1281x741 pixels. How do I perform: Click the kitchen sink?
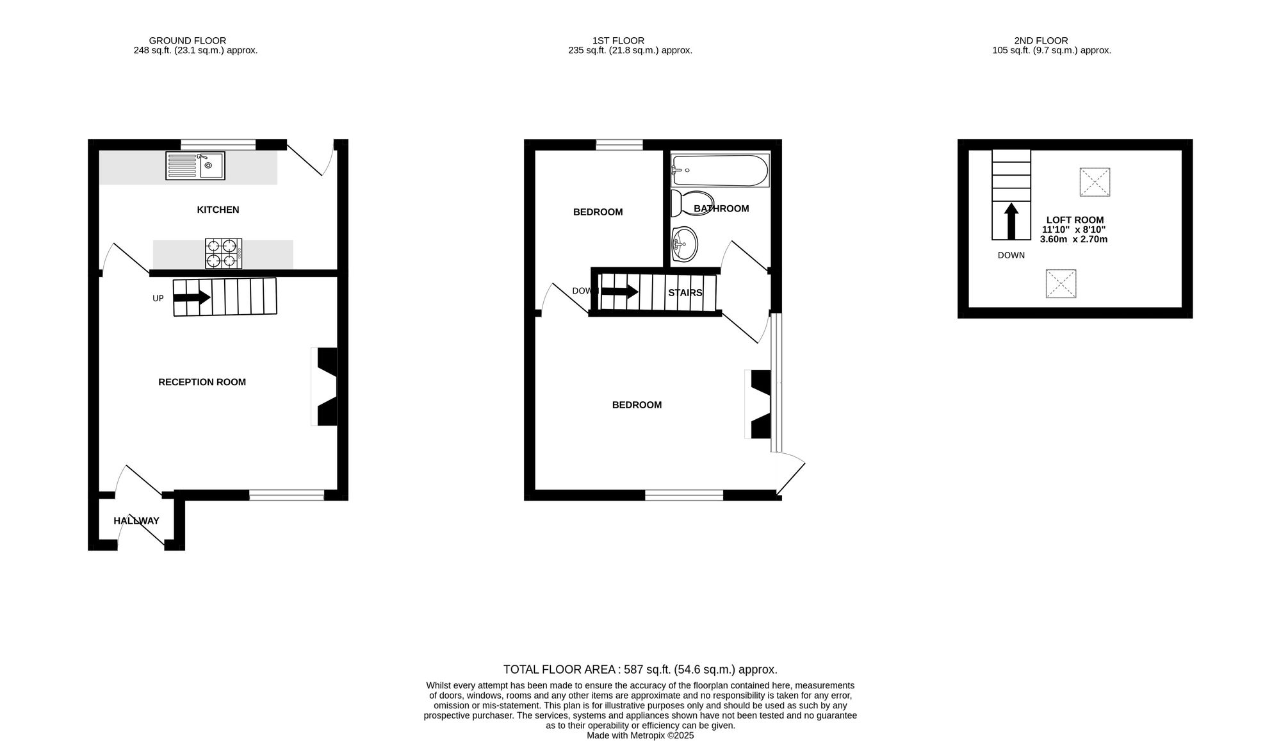click(195, 165)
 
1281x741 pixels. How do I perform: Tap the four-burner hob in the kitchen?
click(224, 253)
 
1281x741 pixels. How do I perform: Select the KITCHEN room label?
click(218, 210)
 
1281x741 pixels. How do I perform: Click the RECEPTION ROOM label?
click(202, 382)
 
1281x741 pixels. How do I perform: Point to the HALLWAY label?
click(136, 521)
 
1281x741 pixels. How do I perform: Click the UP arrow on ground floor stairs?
click(192, 297)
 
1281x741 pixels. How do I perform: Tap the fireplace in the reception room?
click(325, 387)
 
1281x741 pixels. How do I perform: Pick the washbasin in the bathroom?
click(684, 244)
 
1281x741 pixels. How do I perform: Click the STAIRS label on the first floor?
click(685, 293)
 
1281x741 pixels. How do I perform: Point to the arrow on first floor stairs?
click(619, 292)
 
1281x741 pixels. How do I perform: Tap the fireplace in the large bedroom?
click(759, 404)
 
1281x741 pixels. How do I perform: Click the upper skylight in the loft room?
click(1095, 182)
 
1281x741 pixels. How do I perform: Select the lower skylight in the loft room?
click(1061, 284)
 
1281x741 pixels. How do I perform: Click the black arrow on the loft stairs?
click(1011, 221)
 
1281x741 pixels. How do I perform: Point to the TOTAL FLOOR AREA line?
click(640, 670)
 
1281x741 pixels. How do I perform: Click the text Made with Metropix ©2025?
click(640, 736)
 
